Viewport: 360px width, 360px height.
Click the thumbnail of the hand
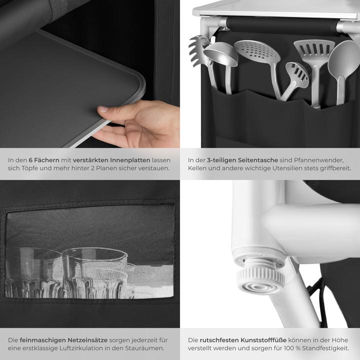[x=102, y=109]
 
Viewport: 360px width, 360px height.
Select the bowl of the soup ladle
[x=221, y=54]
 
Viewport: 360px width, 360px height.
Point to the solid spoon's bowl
[x=343, y=59]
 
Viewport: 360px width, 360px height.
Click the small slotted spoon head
[x=297, y=75]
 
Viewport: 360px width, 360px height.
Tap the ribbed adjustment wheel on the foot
[x=260, y=276]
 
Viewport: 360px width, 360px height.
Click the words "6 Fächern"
[x=44, y=160]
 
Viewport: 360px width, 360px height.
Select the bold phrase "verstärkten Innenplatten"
[x=111, y=160]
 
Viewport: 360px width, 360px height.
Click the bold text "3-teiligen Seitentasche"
[x=242, y=160]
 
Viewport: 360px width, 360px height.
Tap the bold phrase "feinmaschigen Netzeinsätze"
[x=63, y=340]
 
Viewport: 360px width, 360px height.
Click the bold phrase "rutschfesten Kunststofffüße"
[x=243, y=340]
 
